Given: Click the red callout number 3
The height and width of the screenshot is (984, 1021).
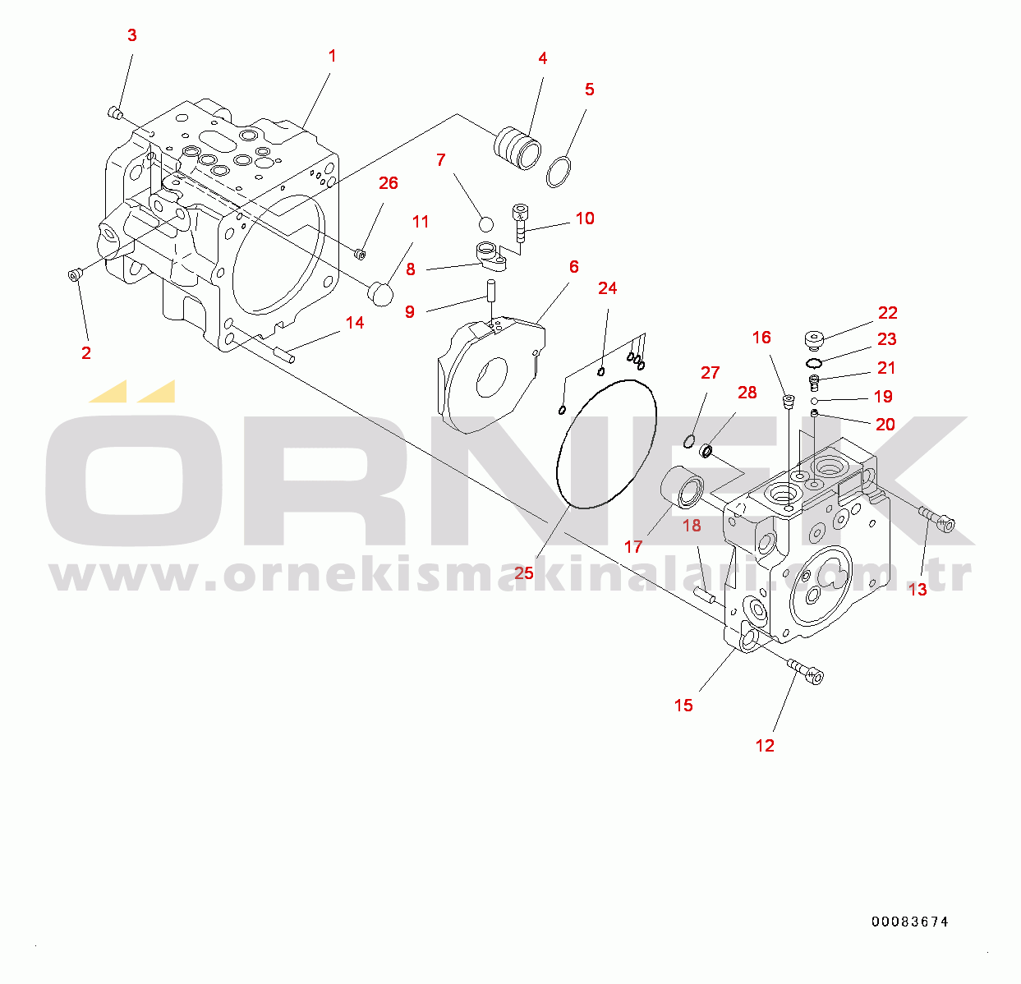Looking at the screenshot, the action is (132, 35).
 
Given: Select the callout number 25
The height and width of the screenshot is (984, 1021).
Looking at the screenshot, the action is (523, 573).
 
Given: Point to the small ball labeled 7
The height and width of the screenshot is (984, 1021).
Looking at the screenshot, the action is (485, 224).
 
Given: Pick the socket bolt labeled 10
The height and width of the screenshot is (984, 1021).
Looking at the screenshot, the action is (520, 223).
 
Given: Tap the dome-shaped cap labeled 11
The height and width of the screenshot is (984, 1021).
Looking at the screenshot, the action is (381, 294).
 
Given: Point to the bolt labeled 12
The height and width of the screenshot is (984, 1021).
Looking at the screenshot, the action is (805, 672).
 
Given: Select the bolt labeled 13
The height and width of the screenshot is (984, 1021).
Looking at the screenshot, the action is (936, 519).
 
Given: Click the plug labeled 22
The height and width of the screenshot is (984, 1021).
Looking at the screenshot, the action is (814, 339).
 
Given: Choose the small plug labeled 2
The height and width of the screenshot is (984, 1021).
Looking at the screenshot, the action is (76, 274).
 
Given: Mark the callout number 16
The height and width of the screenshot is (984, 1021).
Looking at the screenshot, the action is (761, 338).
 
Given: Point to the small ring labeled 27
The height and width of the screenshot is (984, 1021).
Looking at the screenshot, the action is (689, 441).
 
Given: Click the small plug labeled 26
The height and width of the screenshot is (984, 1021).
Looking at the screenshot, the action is (360, 255).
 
